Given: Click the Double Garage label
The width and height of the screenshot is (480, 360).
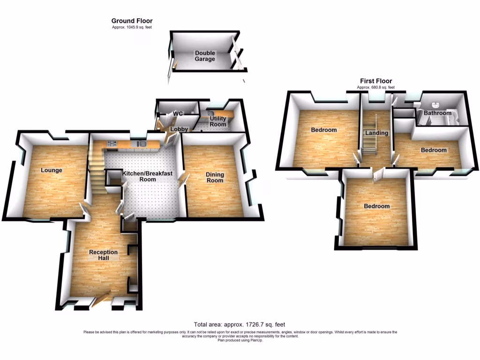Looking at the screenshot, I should (x=205, y=56).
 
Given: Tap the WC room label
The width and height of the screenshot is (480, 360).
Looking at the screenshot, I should (x=177, y=113).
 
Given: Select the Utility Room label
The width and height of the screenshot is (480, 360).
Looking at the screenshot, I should (x=218, y=121).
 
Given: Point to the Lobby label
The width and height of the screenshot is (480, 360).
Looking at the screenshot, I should (x=179, y=129).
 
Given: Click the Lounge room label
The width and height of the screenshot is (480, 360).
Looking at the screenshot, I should (x=51, y=170).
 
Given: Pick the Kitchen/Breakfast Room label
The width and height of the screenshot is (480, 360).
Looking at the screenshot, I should (x=147, y=176).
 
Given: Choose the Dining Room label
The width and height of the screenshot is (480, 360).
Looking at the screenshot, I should (x=215, y=178).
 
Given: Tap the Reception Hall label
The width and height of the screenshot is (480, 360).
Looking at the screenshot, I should (x=103, y=255).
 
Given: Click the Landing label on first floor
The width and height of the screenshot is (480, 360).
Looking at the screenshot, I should (x=377, y=133).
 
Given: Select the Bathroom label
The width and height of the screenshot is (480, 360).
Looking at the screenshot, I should (x=437, y=113).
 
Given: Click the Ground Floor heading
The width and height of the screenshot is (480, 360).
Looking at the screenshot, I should (x=132, y=21).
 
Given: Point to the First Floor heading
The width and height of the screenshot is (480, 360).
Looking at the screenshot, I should (x=376, y=81).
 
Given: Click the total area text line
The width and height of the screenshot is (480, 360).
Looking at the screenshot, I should (x=240, y=324).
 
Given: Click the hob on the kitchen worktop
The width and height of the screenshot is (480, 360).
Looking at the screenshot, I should (x=112, y=144).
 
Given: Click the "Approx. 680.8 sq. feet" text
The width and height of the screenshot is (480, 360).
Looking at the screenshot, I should (x=376, y=88).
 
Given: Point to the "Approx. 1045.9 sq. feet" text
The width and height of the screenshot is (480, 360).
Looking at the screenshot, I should (x=132, y=28).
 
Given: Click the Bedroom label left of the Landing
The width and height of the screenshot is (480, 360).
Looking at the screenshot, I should (x=324, y=130).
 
